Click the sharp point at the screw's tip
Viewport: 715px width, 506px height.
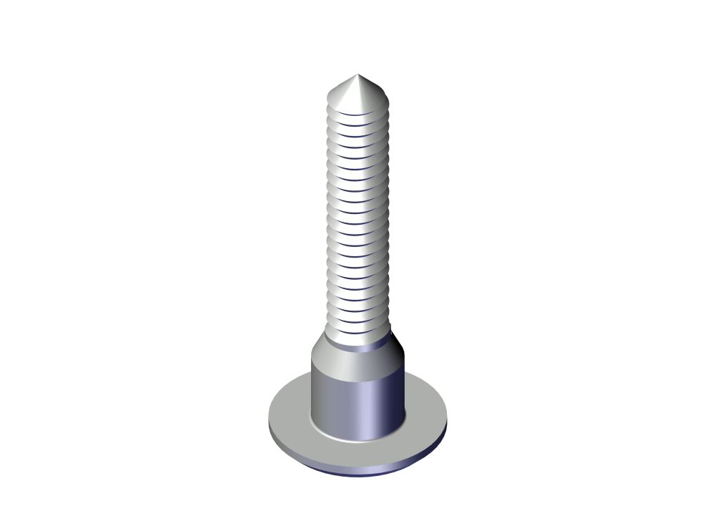[x=357, y=74]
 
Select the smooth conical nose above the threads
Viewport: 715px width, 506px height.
[x=355, y=92]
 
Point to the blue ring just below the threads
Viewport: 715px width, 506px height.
[x=358, y=346]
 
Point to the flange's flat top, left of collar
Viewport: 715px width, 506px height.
[x=290, y=412]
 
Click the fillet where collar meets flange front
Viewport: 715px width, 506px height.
[x=357, y=437]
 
